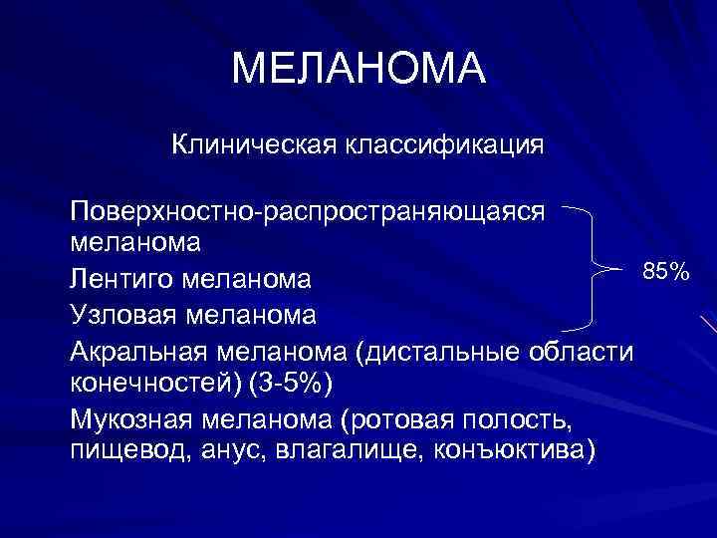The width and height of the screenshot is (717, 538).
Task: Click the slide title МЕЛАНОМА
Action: click(358, 69)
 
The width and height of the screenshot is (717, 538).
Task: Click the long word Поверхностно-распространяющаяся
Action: click(308, 212)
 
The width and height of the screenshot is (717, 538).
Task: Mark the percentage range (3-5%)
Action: click(280, 384)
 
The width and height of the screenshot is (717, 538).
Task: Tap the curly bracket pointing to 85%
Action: click(595, 268)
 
